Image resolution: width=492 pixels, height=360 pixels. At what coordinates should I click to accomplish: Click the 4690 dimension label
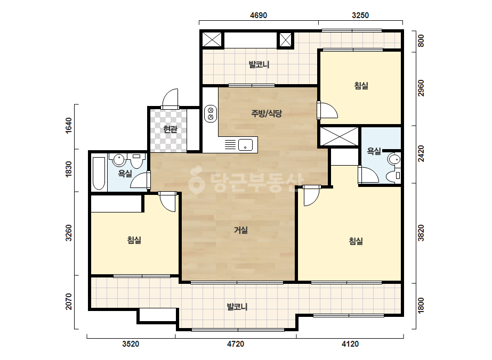[258, 15]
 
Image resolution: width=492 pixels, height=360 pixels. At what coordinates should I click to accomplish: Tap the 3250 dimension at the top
[360, 15]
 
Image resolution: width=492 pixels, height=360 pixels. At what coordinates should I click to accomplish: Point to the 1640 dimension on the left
[68, 126]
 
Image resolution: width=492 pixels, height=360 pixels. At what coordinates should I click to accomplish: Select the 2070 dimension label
[68, 301]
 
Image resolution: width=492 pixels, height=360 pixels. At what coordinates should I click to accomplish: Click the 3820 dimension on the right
[421, 233]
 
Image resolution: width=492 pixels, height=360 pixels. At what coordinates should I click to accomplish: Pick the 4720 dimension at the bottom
[235, 344]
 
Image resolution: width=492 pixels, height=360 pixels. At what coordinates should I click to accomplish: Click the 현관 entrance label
[170, 129]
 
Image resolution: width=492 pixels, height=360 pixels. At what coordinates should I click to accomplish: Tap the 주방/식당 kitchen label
[267, 113]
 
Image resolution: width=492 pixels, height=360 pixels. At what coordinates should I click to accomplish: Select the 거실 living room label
[240, 230]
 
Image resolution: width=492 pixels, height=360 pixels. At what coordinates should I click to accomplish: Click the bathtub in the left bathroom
[99, 173]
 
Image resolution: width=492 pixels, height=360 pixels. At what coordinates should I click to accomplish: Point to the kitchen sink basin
[245, 145]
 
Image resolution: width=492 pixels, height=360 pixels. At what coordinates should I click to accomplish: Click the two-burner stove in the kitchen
[211, 113]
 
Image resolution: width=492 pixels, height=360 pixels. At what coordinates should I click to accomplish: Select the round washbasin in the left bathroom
[119, 160]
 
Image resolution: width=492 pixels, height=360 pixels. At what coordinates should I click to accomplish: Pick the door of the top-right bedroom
[327, 110]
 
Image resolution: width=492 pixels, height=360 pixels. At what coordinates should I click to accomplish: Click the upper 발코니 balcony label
[259, 64]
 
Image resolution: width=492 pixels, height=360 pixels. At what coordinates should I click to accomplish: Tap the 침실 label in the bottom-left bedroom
[134, 240]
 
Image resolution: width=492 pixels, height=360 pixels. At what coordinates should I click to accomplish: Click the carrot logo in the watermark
[196, 180]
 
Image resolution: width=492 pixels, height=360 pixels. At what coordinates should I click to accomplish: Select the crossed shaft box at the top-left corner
[212, 39]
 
